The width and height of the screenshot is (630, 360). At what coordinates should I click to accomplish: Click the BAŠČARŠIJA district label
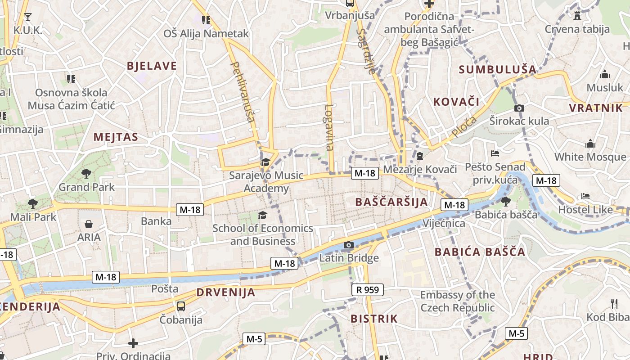391,202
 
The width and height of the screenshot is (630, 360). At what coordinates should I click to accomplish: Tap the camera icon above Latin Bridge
348,245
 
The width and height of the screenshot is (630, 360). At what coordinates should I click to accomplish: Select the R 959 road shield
367,290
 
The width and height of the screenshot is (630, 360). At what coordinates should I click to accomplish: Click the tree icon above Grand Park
86,173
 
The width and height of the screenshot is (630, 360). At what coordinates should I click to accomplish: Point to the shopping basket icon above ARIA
89,224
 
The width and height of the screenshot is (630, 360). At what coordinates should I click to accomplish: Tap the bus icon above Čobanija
181,306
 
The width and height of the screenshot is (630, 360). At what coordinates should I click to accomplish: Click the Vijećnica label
444,223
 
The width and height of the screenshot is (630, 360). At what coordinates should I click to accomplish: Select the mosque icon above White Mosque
590,144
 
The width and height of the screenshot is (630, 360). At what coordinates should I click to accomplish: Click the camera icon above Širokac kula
519,108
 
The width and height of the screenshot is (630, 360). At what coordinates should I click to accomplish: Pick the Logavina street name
329,127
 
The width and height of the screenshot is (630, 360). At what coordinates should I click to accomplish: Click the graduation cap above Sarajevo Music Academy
265,162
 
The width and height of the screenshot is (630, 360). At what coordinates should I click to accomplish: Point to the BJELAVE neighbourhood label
152,66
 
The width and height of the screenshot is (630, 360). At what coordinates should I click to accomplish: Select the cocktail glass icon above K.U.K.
28,17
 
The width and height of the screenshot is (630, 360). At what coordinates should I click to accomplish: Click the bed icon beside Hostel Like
585,196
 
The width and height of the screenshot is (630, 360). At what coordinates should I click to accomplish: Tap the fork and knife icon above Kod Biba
614,303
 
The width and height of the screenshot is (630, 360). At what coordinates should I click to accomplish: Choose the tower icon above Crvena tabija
577,16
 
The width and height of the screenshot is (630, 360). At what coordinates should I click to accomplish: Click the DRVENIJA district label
225,292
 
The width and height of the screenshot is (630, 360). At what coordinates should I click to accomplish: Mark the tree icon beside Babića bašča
506,201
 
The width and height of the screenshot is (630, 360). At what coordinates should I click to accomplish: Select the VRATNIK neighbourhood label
596,108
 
